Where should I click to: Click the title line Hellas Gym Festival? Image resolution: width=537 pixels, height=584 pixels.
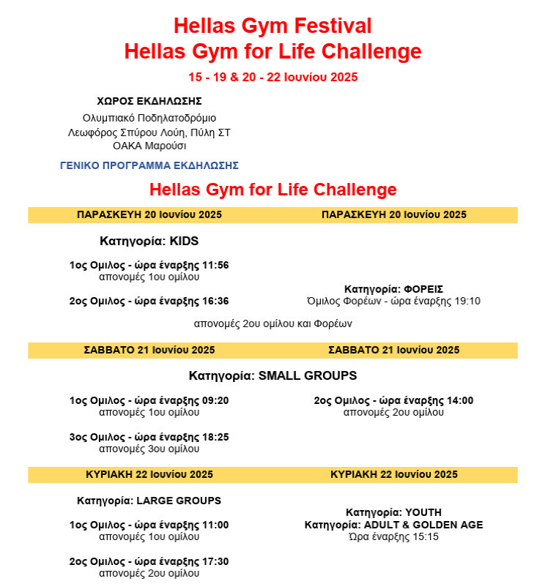tap(273, 26)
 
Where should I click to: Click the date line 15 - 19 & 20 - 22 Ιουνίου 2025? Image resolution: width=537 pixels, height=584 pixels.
tap(273, 77)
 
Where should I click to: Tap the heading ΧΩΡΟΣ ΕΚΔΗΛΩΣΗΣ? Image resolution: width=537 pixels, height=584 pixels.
tap(149, 101)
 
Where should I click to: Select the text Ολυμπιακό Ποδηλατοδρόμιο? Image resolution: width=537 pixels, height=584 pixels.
tap(149, 117)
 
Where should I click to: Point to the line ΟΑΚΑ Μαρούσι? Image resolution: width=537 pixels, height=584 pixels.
tap(149, 145)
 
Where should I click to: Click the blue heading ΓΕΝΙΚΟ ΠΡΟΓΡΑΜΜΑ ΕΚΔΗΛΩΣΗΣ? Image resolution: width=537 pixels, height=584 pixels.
tap(149, 165)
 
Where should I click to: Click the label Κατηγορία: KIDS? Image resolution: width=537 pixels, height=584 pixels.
tap(149, 241)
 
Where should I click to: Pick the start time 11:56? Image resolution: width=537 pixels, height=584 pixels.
tap(215, 265)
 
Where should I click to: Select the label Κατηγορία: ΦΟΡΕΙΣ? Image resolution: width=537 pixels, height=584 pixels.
tap(393, 289)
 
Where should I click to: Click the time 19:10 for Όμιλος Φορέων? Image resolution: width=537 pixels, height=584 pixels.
tap(467, 301)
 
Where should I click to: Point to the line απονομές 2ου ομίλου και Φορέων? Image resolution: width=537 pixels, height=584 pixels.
tap(273, 323)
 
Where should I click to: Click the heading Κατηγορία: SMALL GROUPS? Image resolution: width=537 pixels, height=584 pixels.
tap(273, 376)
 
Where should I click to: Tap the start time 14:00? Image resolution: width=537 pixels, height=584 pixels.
tap(459, 400)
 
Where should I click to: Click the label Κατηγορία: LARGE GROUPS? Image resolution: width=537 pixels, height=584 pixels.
tap(149, 501)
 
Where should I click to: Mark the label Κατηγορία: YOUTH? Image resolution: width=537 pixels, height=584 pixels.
tap(393, 512)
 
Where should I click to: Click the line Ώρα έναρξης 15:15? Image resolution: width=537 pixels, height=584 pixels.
tap(393, 536)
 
